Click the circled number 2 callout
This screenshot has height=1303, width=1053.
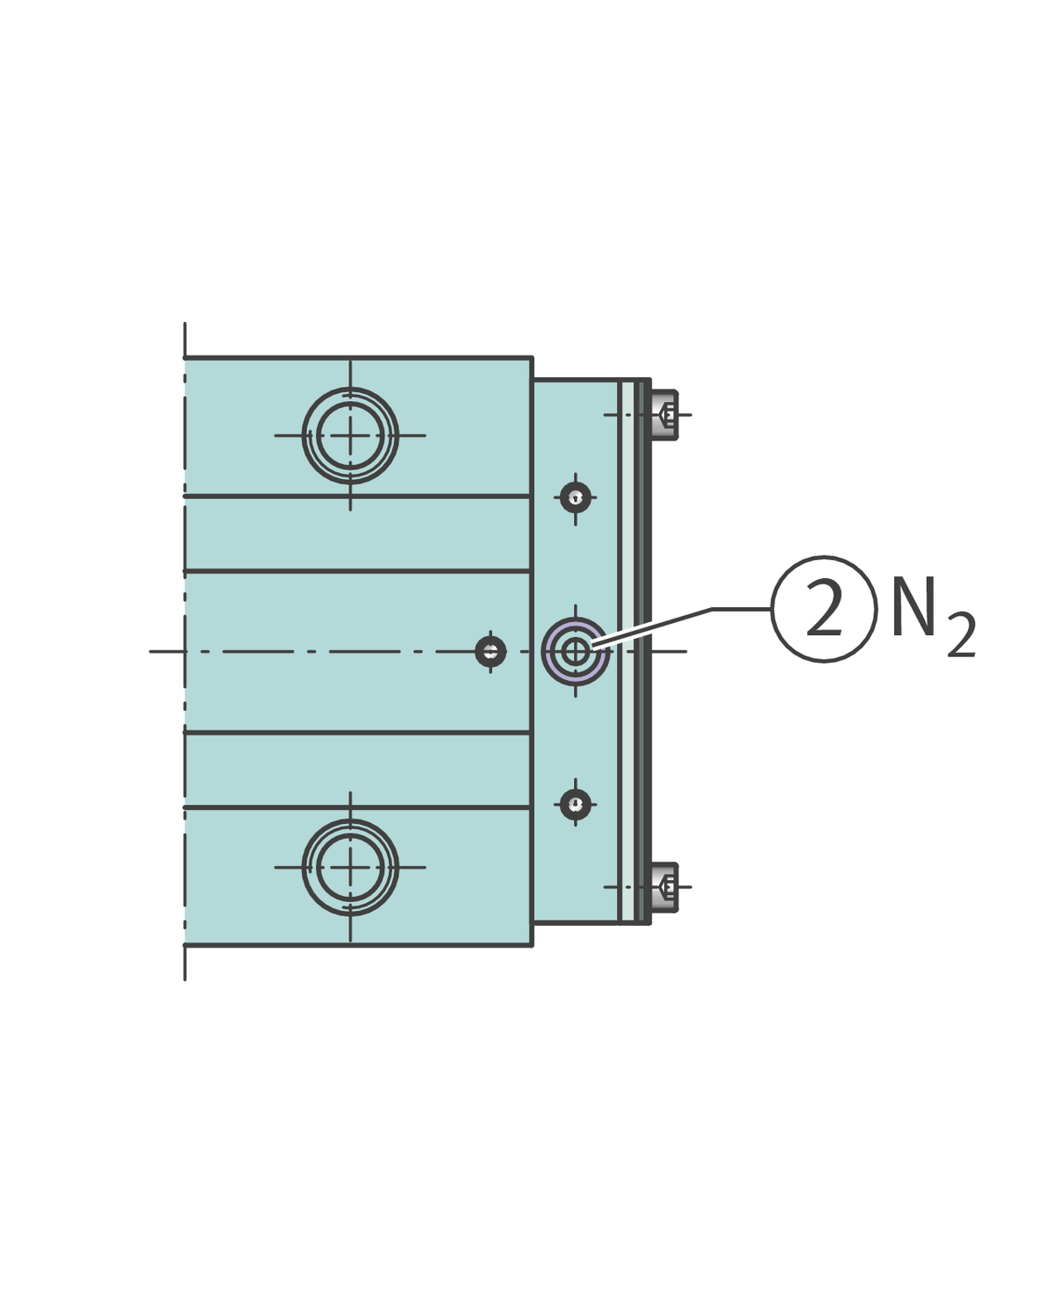(824, 609)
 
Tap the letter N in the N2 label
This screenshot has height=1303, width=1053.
(913, 607)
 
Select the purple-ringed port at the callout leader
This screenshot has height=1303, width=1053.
(576, 651)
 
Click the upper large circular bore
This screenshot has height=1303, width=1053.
(350, 435)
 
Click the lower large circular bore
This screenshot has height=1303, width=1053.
(350, 867)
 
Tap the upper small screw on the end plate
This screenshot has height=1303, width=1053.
(576, 498)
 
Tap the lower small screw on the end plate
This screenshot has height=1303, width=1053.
(576, 803)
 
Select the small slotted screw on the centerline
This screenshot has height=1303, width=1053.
(491, 651)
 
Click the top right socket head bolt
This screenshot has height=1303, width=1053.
(666, 414)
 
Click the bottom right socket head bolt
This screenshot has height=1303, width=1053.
(666, 887)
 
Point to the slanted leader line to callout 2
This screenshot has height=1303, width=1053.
(654, 626)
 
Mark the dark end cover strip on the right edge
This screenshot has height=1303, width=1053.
(647, 651)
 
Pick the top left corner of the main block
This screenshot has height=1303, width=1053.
(185, 358)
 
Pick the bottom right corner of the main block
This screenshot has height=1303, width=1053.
(531, 945)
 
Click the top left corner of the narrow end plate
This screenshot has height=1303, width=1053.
(534, 381)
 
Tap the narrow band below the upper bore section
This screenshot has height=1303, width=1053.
(356, 533)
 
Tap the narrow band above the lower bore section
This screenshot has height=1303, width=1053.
(356, 769)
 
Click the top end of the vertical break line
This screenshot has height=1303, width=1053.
(185, 325)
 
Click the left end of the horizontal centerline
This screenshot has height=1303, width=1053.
(152, 651)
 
